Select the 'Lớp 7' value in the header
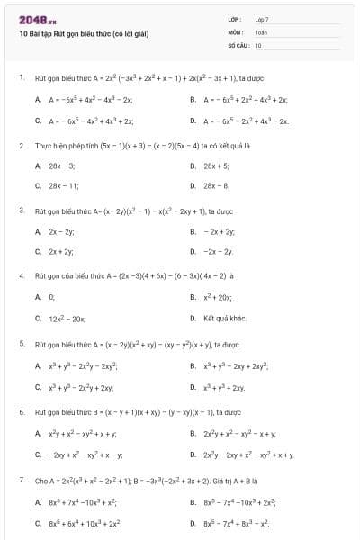click(262, 19)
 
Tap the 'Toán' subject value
click(261, 31)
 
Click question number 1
click(21, 78)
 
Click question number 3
click(21, 211)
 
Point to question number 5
click(21, 344)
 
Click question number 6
click(21, 411)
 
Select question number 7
click(21, 480)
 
